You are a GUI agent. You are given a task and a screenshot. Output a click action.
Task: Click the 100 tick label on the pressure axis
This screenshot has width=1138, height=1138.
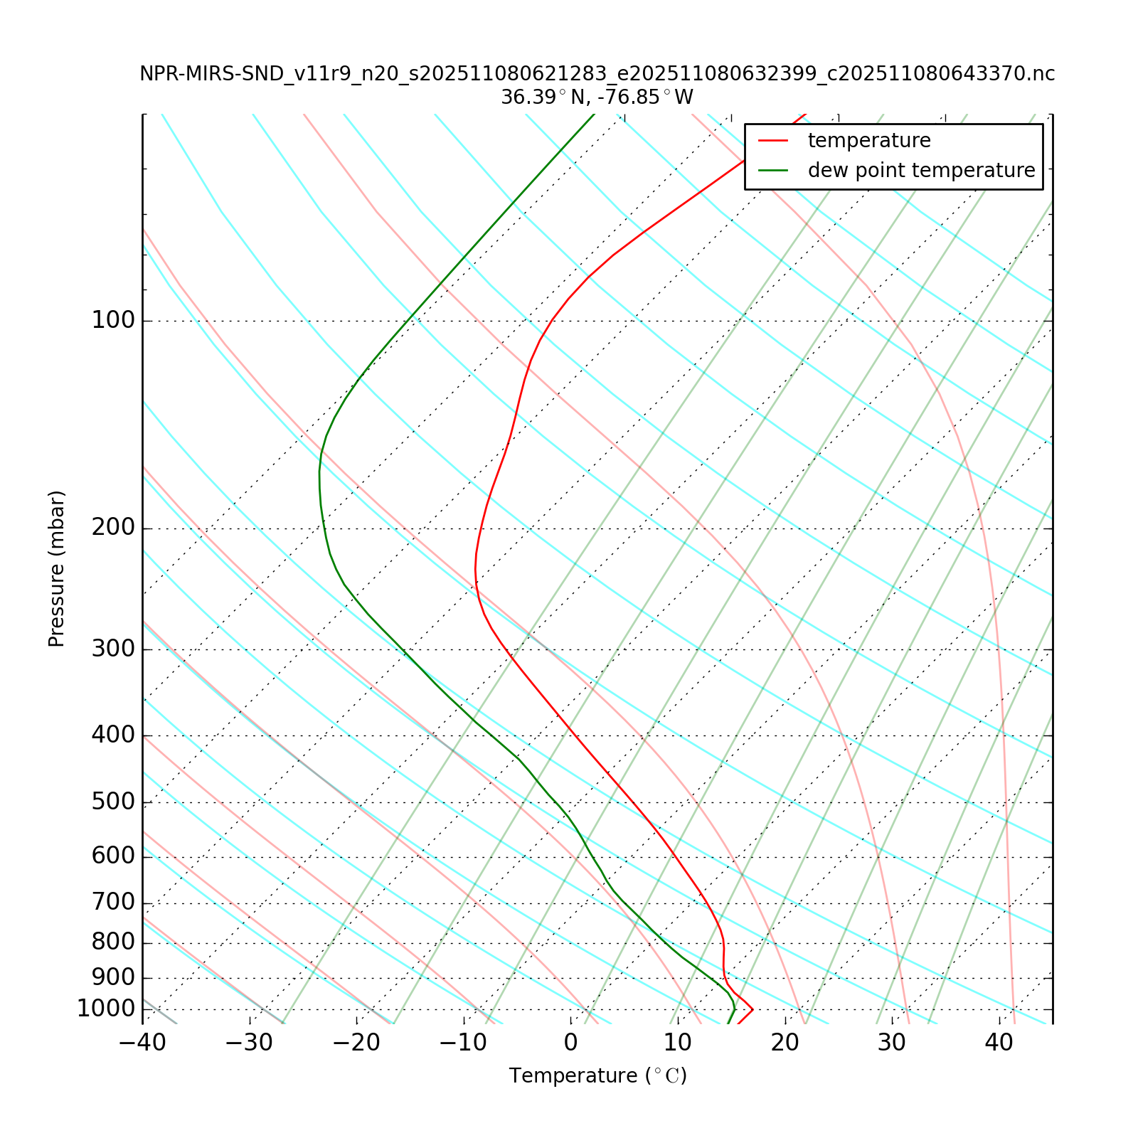pos(113,321)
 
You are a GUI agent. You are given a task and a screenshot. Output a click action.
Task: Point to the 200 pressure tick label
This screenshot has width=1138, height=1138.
pos(113,528)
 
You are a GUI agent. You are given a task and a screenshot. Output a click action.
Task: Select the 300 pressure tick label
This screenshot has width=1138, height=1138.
pos(113,649)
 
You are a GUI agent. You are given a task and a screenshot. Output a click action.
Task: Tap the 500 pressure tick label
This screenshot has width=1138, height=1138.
pos(113,802)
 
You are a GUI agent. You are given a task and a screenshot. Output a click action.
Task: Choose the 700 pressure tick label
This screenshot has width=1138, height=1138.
pos(113,903)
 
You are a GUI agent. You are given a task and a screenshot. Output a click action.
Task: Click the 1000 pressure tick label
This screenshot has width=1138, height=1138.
pos(106,1009)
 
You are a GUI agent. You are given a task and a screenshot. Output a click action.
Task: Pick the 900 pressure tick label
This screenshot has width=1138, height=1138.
pos(113,978)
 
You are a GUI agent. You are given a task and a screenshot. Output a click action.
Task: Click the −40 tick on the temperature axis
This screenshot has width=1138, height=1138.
pos(142,1043)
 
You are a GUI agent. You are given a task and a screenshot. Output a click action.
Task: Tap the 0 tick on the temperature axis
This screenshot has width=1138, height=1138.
pos(570,1043)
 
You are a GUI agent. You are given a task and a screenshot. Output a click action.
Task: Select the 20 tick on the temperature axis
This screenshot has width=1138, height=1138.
pos(785,1043)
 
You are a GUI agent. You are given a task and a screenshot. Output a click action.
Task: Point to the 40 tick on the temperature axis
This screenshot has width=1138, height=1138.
pos(999,1043)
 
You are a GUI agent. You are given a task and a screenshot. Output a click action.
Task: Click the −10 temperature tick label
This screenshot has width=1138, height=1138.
pos(463,1043)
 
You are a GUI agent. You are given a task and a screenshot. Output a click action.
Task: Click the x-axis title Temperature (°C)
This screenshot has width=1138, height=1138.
pos(597,1076)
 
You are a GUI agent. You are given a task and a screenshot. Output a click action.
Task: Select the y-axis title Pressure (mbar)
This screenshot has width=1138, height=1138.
pos(57,569)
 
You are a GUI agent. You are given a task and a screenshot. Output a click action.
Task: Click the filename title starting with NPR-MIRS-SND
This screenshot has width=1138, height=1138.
pos(597,74)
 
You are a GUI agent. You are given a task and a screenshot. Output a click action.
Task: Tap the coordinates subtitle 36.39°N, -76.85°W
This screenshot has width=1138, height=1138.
pos(597,97)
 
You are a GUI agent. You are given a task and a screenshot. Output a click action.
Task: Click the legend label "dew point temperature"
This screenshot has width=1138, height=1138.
pos(921,171)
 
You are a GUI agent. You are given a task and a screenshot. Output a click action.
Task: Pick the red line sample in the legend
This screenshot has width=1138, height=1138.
pos(773,141)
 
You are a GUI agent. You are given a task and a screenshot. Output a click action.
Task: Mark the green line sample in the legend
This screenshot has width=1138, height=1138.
pos(773,171)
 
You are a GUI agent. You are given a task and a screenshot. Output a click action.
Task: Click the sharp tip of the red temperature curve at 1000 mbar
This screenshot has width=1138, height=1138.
pos(753,1009)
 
